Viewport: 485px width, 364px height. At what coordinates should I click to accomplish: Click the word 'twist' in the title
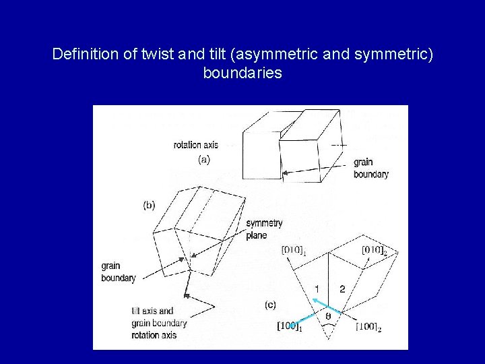(160, 53)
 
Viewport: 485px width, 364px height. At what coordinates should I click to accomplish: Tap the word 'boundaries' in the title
(243, 73)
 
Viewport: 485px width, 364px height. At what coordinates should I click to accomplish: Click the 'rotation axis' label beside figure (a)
(196, 144)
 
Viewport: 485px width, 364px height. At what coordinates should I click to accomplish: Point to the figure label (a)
(204, 160)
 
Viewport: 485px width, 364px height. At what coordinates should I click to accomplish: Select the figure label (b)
(149, 206)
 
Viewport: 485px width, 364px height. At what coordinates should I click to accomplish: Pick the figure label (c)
(270, 305)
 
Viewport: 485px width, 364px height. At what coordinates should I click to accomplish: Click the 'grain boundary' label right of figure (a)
(371, 168)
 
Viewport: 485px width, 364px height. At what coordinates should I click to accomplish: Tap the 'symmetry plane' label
(263, 229)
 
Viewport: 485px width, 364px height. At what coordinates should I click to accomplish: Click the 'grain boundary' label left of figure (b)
(119, 272)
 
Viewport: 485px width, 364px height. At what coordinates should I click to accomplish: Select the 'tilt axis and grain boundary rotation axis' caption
(159, 323)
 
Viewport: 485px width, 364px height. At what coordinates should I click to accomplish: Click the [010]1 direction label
(295, 251)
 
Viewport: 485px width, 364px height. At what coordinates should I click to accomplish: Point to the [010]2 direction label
(375, 251)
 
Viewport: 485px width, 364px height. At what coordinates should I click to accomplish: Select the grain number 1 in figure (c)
(317, 289)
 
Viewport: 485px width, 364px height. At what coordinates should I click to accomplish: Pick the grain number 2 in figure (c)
(342, 289)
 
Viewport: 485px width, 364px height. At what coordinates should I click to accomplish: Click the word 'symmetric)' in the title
(398, 53)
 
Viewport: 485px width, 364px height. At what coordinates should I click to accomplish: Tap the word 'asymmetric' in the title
(291, 53)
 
